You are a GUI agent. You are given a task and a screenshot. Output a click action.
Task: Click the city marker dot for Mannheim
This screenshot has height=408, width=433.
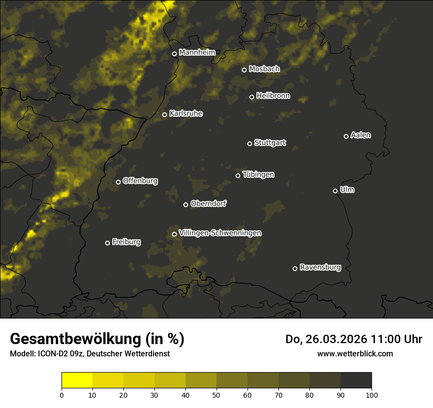pyautogui.click(x=174, y=54)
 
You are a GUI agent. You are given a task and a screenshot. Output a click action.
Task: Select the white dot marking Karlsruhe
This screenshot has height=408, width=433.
pyautogui.click(x=165, y=115)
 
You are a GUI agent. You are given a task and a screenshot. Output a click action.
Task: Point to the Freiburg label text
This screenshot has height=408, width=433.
pyautogui.click(x=126, y=242)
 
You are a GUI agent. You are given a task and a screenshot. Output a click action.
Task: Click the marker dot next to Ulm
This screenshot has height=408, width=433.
pyautogui.click(x=336, y=191)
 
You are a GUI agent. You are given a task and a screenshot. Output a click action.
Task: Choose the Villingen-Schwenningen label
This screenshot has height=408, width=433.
pyautogui.click(x=220, y=233)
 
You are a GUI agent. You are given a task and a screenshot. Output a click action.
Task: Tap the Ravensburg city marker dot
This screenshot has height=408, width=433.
pyautogui.click(x=295, y=268)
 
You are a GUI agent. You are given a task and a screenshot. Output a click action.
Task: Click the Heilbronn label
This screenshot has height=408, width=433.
pyautogui.click(x=273, y=96)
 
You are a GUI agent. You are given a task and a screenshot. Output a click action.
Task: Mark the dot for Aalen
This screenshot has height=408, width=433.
pyautogui.click(x=346, y=136)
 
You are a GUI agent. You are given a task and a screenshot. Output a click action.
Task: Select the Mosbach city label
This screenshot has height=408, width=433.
pyautogui.click(x=264, y=69)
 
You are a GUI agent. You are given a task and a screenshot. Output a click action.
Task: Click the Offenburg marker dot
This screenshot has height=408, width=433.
pyautogui.click(x=118, y=182)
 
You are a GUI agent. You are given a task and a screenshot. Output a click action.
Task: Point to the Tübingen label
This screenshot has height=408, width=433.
pyautogui.click(x=258, y=175)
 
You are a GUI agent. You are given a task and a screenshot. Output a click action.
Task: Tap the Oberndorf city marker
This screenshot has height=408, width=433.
pyautogui.click(x=186, y=204)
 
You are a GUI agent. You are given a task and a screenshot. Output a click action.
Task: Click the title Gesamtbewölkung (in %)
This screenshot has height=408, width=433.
pyautogui.click(x=97, y=339)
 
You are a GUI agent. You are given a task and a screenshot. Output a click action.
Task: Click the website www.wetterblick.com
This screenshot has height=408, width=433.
pyautogui.click(x=355, y=353)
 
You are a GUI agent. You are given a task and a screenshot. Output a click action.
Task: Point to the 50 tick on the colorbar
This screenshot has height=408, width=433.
pyautogui.click(x=216, y=394)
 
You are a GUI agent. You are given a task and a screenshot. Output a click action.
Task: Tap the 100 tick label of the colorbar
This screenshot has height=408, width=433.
pyautogui.click(x=371, y=394)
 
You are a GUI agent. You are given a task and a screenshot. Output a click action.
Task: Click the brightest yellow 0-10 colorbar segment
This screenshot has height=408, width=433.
pyautogui.click(x=77, y=380)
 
